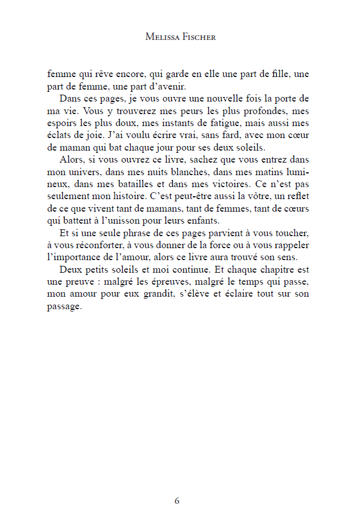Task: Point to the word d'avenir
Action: click(153, 86)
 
